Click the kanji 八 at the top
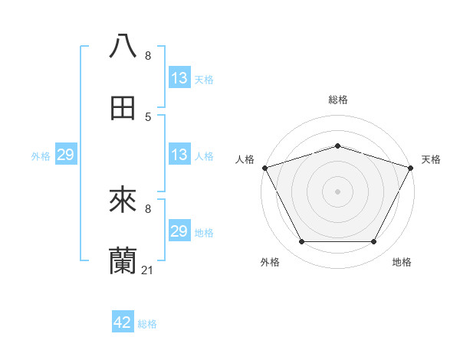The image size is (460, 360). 123,46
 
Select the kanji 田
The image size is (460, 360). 123,108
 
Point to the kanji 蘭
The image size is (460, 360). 123,261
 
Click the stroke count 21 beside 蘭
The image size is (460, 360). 148,270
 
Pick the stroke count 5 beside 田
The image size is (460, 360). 148,116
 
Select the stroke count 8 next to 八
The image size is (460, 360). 148,55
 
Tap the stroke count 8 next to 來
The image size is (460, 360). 148,208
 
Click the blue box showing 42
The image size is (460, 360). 123,322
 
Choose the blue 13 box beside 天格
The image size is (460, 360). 179,78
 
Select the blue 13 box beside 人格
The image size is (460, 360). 179,155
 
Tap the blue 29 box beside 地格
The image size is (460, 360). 179,231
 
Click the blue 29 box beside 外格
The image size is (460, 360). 66,155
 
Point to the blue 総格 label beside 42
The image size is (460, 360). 148,324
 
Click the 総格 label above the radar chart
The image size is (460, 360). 337,100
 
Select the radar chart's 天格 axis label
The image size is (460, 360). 431,159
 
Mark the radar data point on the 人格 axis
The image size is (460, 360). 264,168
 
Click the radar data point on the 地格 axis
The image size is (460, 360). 373,242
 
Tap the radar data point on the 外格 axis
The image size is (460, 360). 301,242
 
